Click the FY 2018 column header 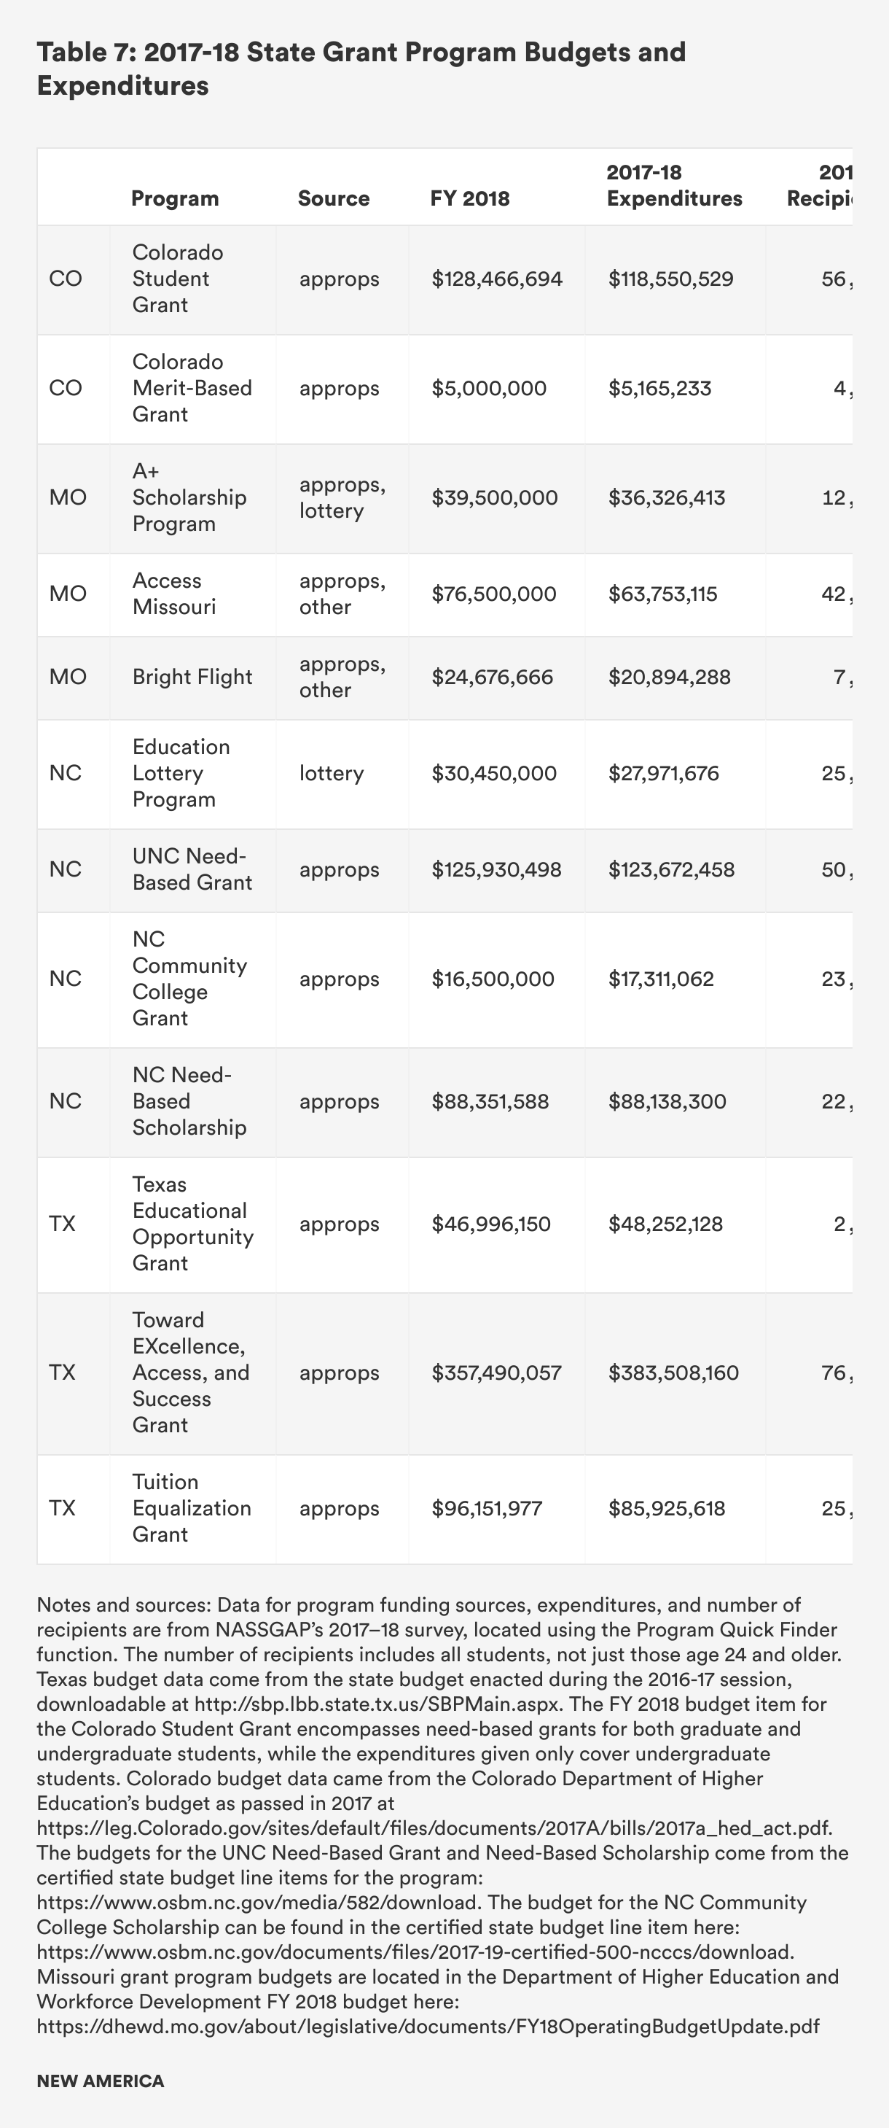[x=470, y=198]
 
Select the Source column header [x=334, y=198]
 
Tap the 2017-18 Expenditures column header [x=674, y=186]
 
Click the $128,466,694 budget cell [x=497, y=279]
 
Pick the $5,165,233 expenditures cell [x=659, y=388]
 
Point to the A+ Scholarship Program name [x=189, y=497]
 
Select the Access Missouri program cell [x=173, y=594]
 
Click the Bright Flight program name [x=192, y=677]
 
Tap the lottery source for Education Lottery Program [x=331, y=773]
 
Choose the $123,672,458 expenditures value [x=671, y=869]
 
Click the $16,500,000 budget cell [x=493, y=979]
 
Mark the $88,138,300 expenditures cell [x=667, y=1101]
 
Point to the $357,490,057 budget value [x=496, y=1373]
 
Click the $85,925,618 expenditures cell [x=666, y=1508]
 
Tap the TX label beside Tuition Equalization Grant [x=62, y=1508]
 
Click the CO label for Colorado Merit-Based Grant [x=65, y=388]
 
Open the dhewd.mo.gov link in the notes [x=428, y=2027]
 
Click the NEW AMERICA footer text [x=100, y=2081]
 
